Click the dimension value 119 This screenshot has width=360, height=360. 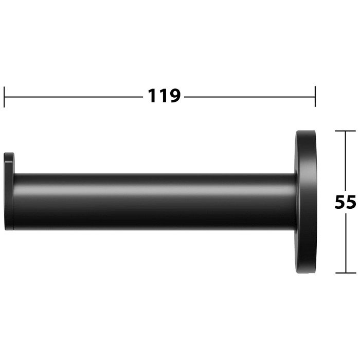(164, 96)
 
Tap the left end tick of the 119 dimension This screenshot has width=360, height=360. (4, 97)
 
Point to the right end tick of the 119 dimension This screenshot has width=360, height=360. (315, 97)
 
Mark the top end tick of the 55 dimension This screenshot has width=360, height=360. (346, 131)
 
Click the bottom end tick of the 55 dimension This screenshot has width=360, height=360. (346, 273)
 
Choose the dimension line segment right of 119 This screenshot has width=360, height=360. (249, 96)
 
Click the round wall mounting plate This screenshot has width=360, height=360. (305, 202)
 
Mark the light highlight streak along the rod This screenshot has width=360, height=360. (154, 187)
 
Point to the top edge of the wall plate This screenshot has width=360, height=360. (305, 132)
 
